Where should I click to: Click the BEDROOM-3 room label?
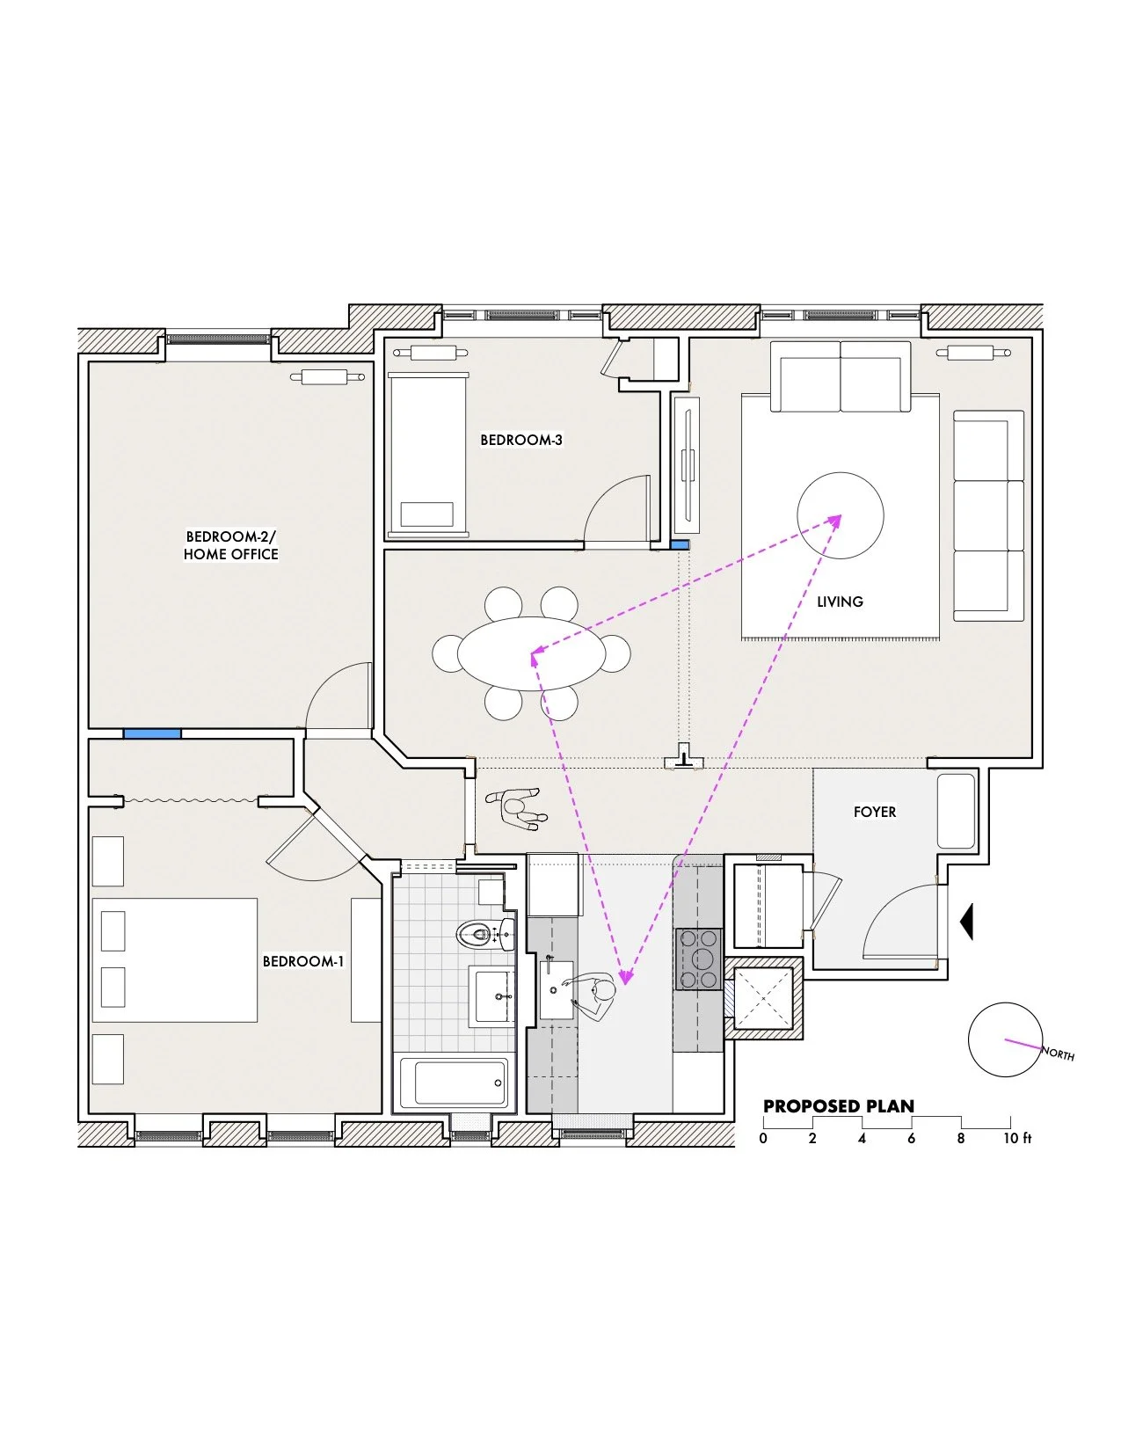point(520,440)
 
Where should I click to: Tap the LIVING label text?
point(840,602)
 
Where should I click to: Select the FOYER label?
point(874,812)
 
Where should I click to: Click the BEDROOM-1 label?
point(302,961)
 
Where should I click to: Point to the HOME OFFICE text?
point(230,555)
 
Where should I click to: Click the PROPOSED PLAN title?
point(838,1106)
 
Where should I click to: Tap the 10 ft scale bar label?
point(1017,1138)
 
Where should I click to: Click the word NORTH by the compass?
point(1058,1053)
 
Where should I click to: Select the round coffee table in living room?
point(840,515)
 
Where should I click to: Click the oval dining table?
point(531,654)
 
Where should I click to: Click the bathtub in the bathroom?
point(454,1083)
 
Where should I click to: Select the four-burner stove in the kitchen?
point(698,959)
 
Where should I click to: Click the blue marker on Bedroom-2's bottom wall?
point(152,733)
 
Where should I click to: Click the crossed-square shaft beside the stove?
point(762,998)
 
